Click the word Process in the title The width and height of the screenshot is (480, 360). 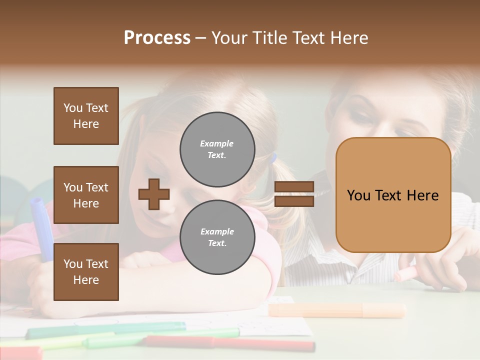click(x=157, y=38)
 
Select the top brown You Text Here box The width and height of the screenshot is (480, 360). click(x=86, y=116)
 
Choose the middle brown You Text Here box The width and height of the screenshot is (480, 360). click(x=86, y=195)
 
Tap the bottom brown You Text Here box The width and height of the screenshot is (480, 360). click(x=86, y=272)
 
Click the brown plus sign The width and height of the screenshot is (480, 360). click(x=154, y=194)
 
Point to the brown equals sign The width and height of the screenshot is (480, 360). click(x=294, y=194)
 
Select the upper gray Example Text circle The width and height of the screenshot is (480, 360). click(x=217, y=149)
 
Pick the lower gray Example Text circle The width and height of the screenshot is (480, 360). click(x=217, y=237)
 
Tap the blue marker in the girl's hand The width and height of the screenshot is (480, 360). click(x=40, y=225)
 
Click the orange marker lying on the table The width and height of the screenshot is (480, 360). click(x=337, y=310)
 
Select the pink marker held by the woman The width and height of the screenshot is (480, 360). click(x=405, y=274)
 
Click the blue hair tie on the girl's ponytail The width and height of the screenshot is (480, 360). click(x=273, y=159)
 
